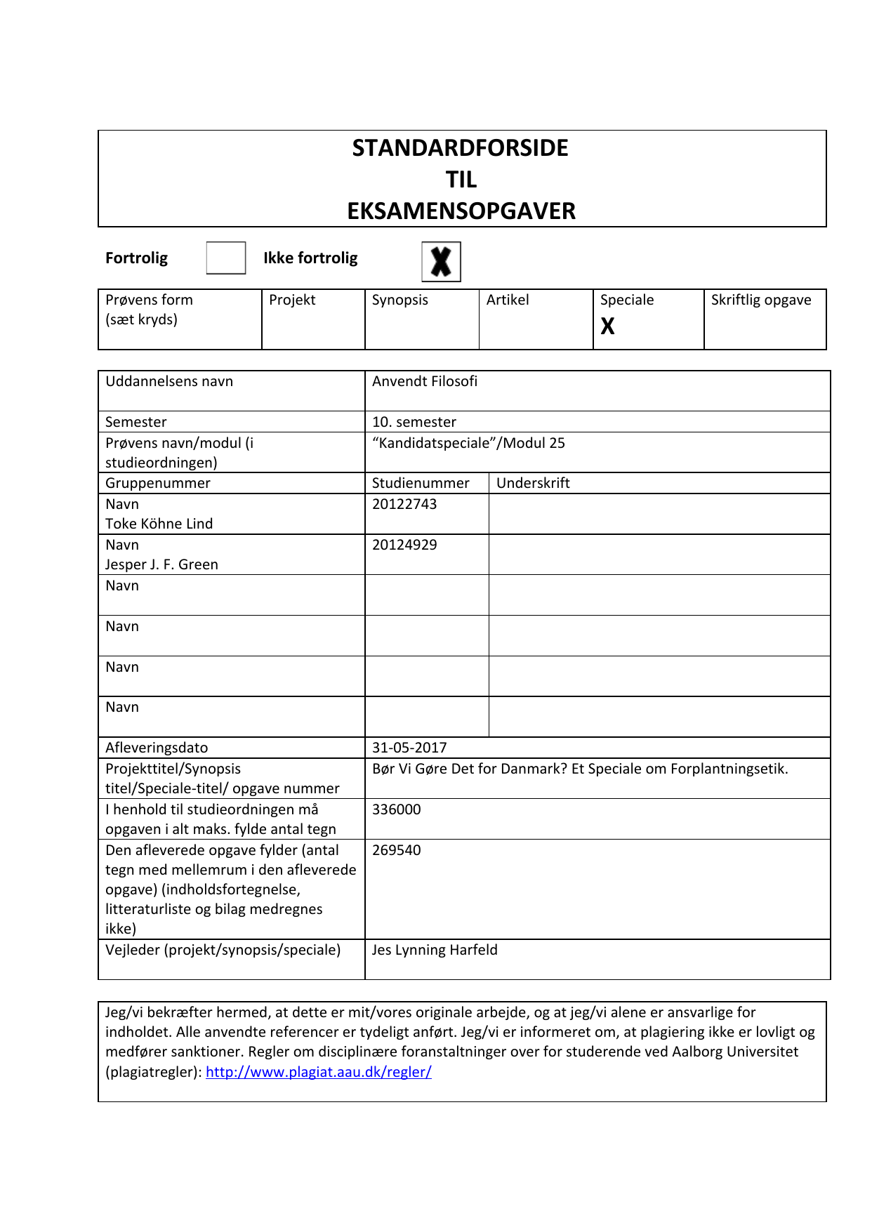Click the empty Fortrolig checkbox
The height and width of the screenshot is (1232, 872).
pyautogui.click(x=226, y=258)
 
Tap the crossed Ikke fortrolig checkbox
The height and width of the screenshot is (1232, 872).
pyautogui.click(x=441, y=261)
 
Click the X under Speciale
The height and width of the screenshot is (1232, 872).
pyautogui.click(x=608, y=326)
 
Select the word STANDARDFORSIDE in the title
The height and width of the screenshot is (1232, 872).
pyautogui.click(x=461, y=148)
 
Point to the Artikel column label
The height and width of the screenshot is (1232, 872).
pyautogui.click(x=508, y=300)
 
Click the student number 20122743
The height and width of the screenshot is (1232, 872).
pyautogui.click(x=404, y=504)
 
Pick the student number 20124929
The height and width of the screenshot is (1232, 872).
pyautogui.click(x=404, y=545)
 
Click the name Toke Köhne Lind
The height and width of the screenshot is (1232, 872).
pyautogui.click(x=159, y=524)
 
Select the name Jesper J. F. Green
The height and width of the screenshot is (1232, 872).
pyautogui.click(x=162, y=564)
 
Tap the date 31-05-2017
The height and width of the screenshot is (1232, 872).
pyautogui.click(x=409, y=748)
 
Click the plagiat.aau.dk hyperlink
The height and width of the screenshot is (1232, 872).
pyautogui.click(x=319, y=1072)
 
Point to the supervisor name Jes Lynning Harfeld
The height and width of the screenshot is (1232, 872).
pyautogui.click(x=435, y=950)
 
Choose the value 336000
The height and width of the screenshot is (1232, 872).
pyautogui.click(x=397, y=809)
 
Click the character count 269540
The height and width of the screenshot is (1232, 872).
pyautogui.click(x=397, y=850)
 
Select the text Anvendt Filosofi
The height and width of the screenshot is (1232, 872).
pyautogui.click(x=425, y=381)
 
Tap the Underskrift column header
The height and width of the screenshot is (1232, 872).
pyautogui.click(x=533, y=483)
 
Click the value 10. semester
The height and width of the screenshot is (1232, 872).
pyautogui.click(x=414, y=422)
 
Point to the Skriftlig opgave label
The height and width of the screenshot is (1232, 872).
pyautogui.click(x=761, y=300)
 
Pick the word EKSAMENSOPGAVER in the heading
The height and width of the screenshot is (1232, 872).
pyautogui.click(x=461, y=211)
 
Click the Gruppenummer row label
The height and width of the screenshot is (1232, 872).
pyautogui.click(x=158, y=483)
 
